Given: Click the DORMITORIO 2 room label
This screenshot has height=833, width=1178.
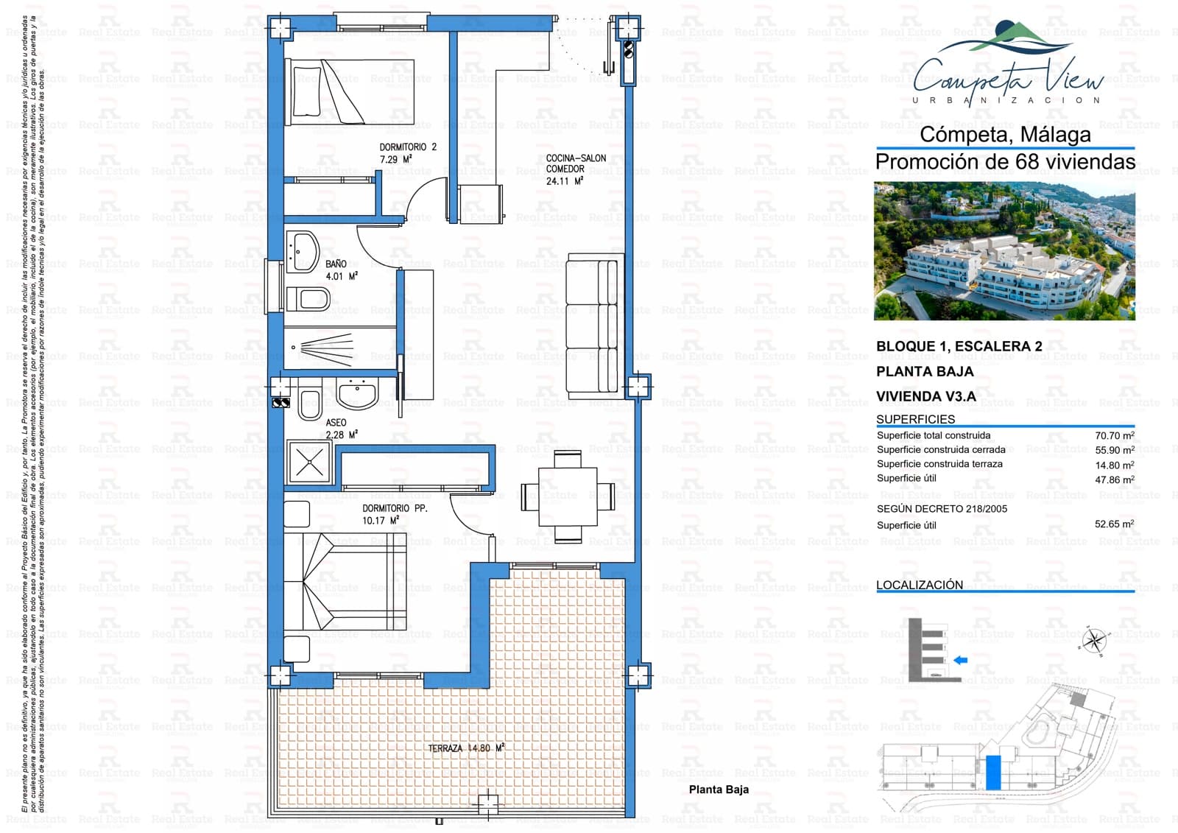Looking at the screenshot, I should (407, 152).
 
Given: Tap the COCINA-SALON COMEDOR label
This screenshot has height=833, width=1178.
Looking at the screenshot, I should (576, 169).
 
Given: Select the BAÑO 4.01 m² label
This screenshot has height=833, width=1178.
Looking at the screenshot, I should (341, 270).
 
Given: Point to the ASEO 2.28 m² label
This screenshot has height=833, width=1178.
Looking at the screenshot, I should (341, 429).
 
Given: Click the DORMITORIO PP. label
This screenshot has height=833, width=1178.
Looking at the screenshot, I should (394, 514).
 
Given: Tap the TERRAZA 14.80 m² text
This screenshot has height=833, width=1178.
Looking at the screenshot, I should (466, 748).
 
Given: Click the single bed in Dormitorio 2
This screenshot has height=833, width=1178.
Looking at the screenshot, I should (353, 93).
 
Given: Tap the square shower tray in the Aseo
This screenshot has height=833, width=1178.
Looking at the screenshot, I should (309, 462).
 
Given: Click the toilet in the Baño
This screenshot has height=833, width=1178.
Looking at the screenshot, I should (308, 299).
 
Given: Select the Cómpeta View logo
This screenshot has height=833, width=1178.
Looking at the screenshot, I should (1007, 66).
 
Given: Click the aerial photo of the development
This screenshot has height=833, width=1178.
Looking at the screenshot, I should (1004, 251).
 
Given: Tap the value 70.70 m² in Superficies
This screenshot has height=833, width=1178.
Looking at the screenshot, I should (1114, 435).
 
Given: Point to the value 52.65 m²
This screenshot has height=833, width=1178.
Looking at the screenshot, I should (1114, 524).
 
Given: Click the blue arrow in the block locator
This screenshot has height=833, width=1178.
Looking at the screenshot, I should (960, 660).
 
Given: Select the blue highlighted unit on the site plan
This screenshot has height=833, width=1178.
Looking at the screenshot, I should (993, 773).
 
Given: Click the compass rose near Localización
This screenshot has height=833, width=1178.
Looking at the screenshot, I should (1095, 640).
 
